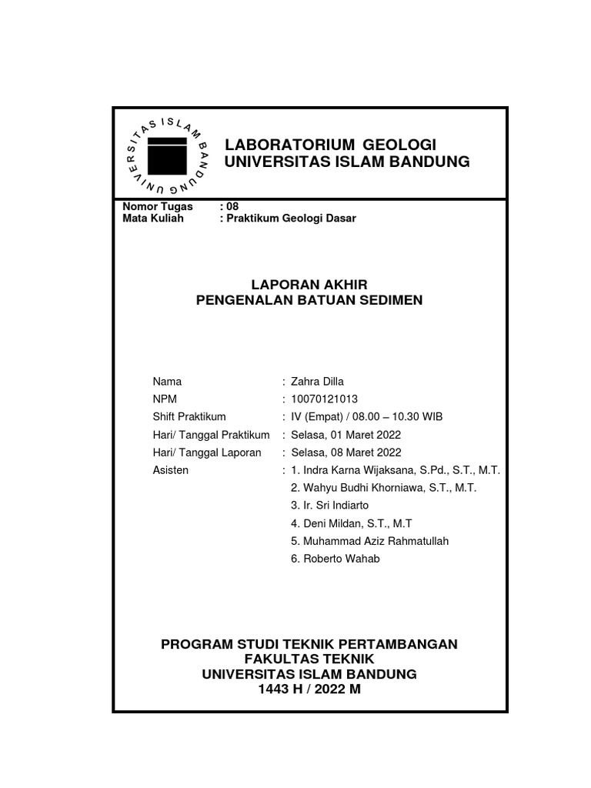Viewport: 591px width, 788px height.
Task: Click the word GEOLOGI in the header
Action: [x=399, y=145]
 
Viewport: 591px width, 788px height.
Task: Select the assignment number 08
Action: [x=232, y=206]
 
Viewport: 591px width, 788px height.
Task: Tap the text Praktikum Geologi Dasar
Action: [x=292, y=218]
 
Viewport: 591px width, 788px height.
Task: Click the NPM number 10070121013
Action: [x=324, y=399]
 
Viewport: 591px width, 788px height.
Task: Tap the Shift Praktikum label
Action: [x=189, y=416]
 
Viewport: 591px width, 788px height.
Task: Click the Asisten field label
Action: [x=170, y=469]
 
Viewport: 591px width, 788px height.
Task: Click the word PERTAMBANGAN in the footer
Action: [x=397, y=643]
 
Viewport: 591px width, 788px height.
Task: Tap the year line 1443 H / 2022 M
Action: [x=309, y=689]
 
